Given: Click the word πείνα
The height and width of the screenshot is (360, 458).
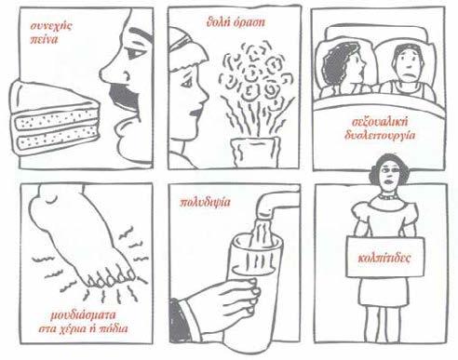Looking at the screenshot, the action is tap(44, 39).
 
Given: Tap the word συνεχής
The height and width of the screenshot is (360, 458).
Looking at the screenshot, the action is tap(51, 26).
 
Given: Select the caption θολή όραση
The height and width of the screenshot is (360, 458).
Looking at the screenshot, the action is tap(236, 22).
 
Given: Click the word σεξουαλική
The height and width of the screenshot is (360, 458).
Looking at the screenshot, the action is tap(381, 122).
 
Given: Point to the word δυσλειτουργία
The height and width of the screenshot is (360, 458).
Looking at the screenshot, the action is tap(380, 135).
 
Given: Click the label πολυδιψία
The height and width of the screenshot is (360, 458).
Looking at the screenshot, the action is tap(206, 203).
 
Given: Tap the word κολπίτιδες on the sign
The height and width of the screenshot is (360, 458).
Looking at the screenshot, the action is tap(384, 258).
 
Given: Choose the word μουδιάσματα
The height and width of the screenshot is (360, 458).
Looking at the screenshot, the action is tap(83, 315).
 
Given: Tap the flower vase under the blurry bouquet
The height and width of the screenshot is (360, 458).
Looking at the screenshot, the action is tap(254, 152).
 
